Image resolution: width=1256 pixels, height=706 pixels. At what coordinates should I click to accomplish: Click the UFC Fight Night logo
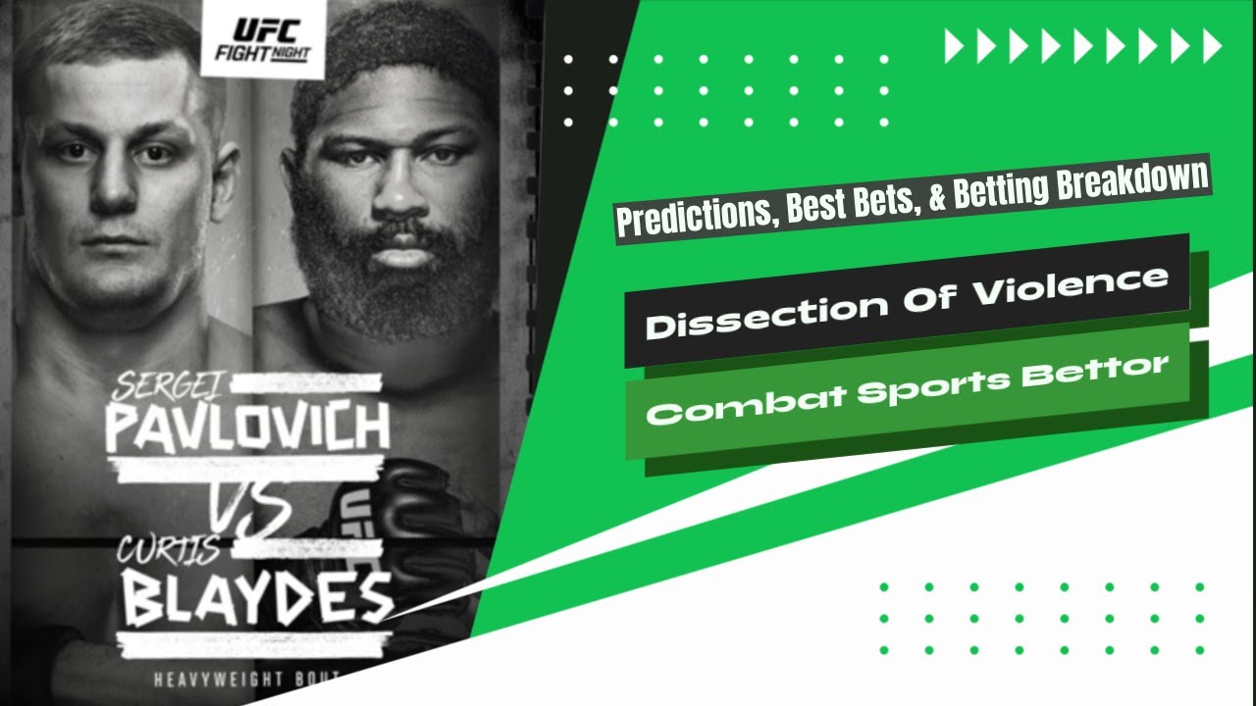tap(262, 38)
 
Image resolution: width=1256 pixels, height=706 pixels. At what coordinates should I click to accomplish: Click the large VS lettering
tap(251, 507)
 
